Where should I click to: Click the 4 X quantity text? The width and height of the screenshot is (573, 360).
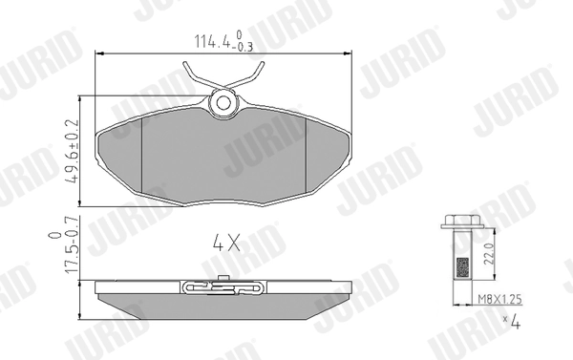coord(225,244)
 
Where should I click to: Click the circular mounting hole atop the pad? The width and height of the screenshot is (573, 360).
coord(225,100)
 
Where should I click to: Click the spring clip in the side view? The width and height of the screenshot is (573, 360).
coord(225,286)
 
